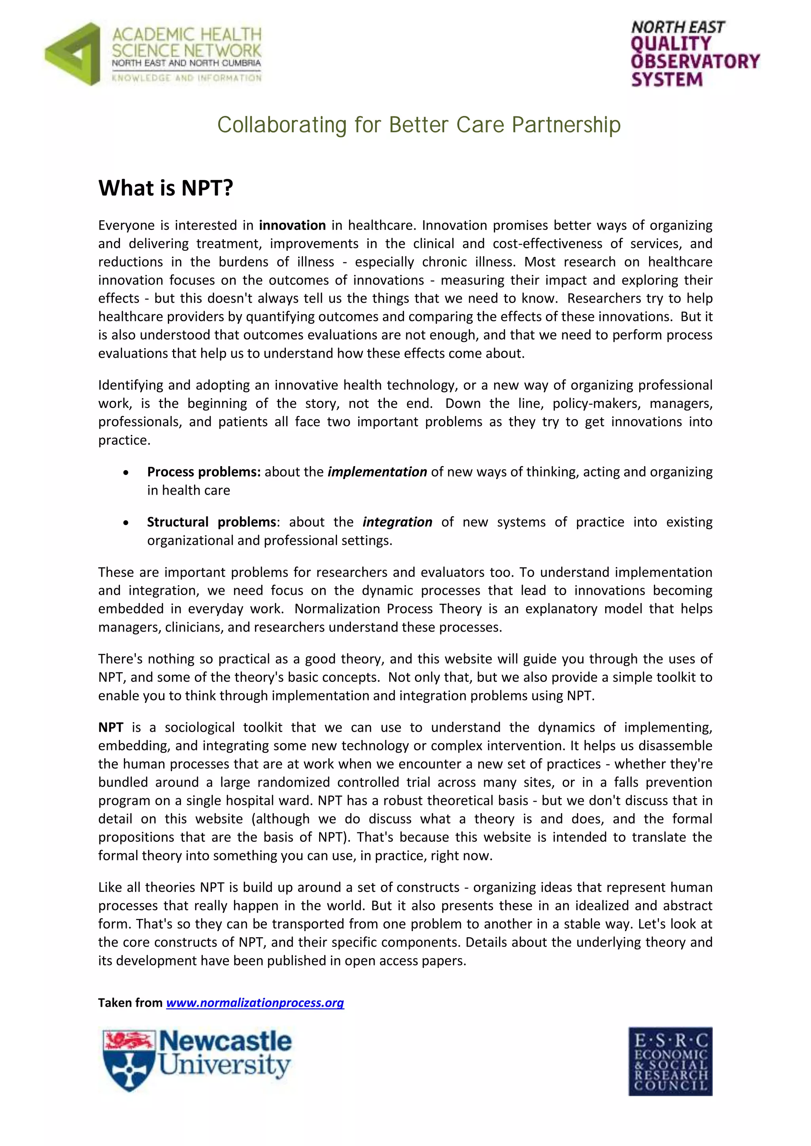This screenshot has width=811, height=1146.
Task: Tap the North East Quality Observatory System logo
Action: coord(694,54)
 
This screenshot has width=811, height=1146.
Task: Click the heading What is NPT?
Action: coord(166,188)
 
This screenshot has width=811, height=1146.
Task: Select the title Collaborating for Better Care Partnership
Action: coord(419,125)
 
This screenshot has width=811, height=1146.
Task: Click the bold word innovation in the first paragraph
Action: coord(292,226)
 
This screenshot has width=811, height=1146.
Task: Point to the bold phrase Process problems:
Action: coord(204,472)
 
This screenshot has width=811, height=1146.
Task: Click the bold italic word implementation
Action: coord(377,472)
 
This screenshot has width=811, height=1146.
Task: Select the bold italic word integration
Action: coord(397,522)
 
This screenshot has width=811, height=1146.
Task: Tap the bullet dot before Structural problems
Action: coord(126,523)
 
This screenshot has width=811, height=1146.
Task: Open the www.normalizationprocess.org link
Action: coord(255,1003)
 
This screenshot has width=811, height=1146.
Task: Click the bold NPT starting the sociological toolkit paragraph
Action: coord(110,728)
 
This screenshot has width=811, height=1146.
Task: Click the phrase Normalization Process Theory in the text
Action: coord(389,609)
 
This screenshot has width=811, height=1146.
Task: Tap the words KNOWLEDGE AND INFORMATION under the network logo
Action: coord(186,78)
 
